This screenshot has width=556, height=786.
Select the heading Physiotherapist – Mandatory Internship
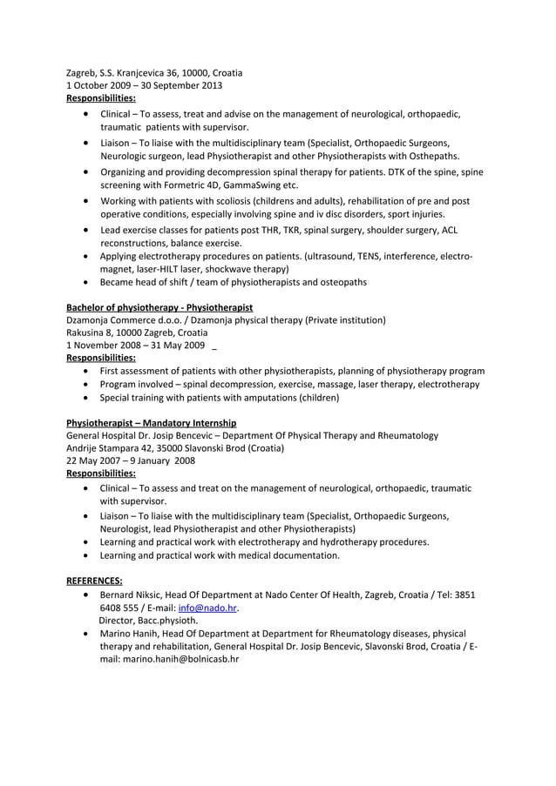[151, 422]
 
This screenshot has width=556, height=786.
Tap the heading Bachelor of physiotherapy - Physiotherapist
[159, 307]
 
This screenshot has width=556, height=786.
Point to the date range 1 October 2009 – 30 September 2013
[144, 85]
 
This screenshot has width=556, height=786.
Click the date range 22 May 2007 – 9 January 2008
[131, 460]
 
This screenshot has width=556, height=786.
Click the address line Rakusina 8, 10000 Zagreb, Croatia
[137, 333]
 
